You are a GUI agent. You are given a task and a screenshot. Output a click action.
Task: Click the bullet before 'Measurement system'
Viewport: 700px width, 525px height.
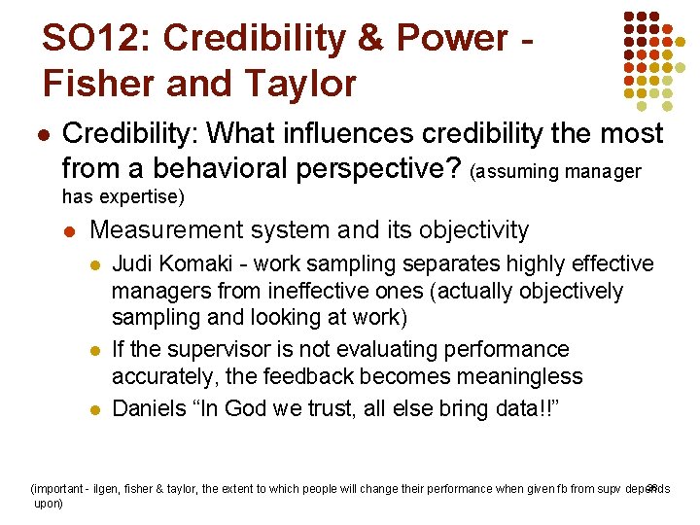(x=69, y=231)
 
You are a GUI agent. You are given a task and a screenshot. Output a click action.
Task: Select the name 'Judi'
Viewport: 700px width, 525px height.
(x=132, y=264)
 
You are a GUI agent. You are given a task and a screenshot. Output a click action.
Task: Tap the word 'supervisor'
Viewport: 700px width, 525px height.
(x=222, y=349)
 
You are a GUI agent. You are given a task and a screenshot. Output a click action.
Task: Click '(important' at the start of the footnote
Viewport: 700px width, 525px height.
(x=61, y=489)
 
